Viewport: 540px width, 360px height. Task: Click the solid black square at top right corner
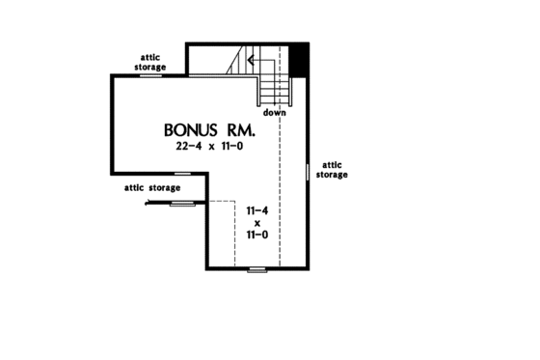(299, 57)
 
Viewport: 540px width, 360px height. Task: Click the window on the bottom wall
(256, 269)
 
